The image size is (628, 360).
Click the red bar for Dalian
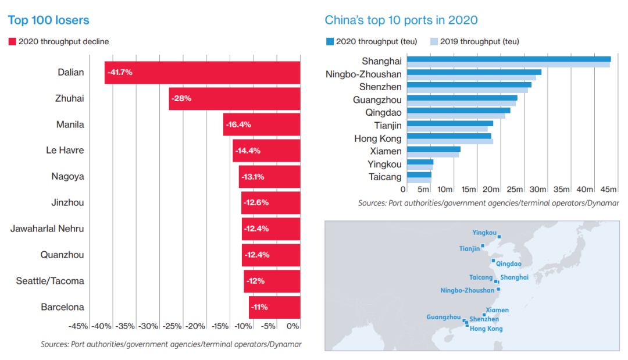202,73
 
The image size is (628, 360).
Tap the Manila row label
70,124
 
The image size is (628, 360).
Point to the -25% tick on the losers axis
173,326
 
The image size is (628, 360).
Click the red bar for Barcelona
274,307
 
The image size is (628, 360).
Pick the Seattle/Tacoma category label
50,281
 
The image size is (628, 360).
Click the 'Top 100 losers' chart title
48,20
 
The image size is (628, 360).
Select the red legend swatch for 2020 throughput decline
12,42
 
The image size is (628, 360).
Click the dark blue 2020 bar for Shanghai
509,59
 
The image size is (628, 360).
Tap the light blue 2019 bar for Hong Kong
450,141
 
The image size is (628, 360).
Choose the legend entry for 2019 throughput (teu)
474,41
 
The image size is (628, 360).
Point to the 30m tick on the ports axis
538,189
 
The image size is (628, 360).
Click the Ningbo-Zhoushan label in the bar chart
363,74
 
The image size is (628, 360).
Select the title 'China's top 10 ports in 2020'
401,20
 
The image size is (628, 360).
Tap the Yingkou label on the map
484,233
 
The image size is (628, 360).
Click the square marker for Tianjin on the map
483,246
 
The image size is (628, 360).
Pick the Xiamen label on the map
497,310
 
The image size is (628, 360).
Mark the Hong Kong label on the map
486,329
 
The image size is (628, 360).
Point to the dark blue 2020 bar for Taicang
419,174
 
